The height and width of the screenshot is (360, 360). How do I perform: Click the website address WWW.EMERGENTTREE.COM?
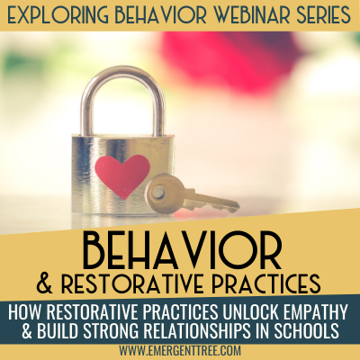(180, 350)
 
